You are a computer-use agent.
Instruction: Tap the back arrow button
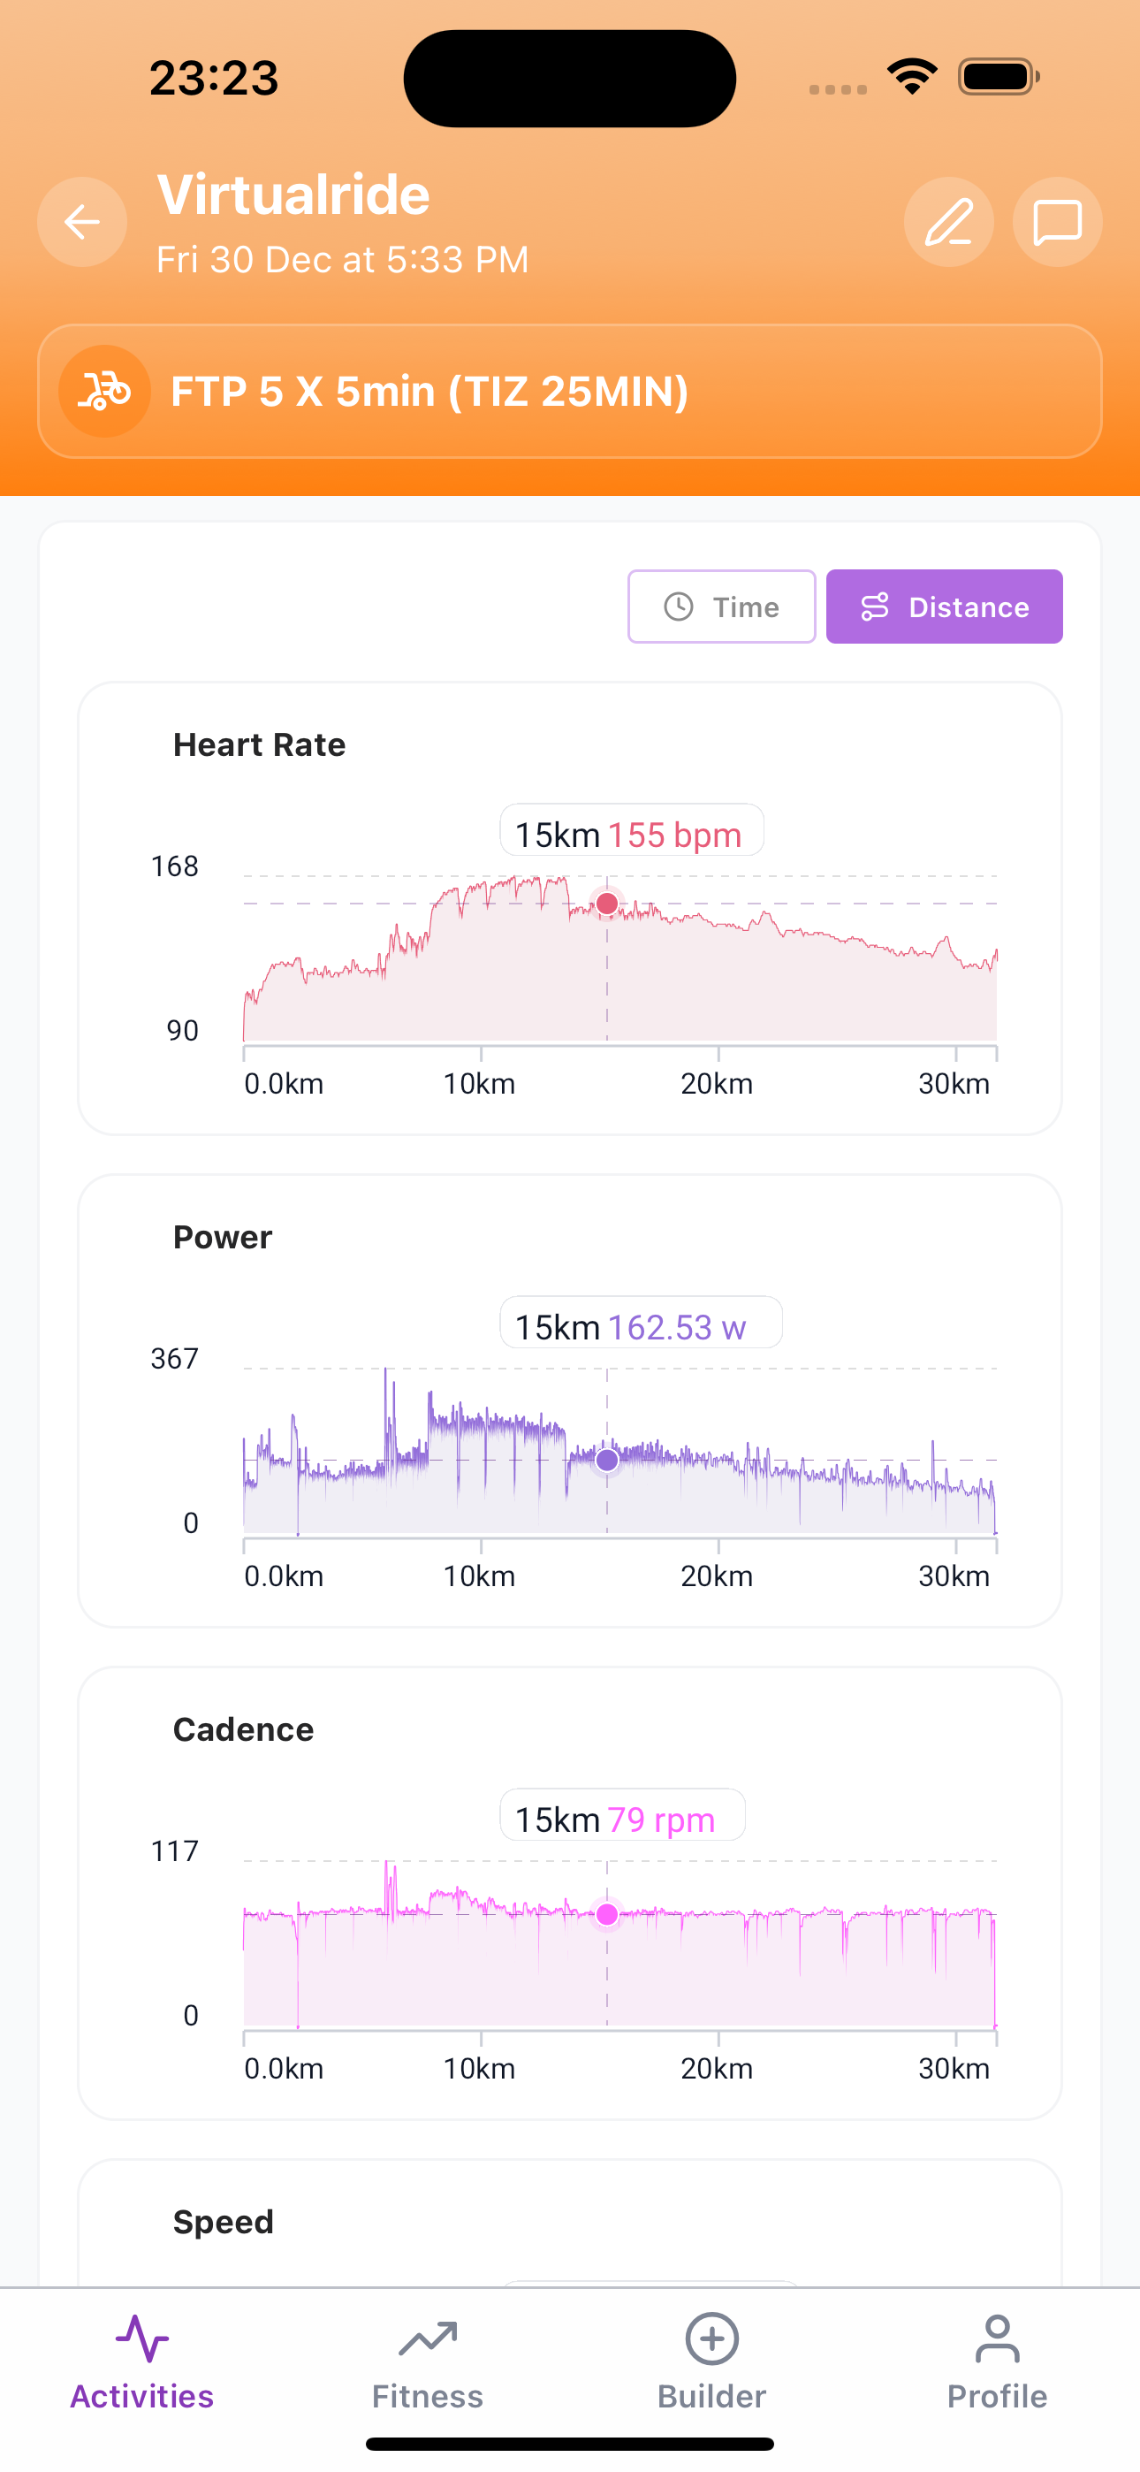[x=81, y=222]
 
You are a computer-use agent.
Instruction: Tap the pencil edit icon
[x=948, y=222]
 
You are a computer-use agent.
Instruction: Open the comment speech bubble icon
[x=1057, y=222]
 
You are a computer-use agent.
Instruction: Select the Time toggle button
[x=722, y=607]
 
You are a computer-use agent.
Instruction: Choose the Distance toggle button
[x=944, y=607]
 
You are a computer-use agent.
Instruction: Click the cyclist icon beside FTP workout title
[x=104, y=392]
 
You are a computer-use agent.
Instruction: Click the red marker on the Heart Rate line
[x=606, y=903]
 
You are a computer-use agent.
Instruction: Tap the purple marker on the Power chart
[x=606, y=1460]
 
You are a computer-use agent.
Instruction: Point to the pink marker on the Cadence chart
[x=606, y=1914]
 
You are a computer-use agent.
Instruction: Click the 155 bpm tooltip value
[x=674, y=835]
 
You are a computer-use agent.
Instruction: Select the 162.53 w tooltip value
[x=677, y=1327]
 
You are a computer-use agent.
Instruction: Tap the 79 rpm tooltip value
[x=661, y=1820]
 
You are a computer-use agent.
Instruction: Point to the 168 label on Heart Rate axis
[x=175, y=866]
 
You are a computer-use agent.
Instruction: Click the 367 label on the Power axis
[x=175, y=1359]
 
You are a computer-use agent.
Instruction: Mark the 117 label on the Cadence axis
[x=175, y=1851]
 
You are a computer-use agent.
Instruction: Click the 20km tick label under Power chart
[x=717, y=1576]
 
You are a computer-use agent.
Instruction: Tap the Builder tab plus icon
[x=712, y=2339]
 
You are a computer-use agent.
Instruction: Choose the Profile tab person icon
[x=997, y=2339]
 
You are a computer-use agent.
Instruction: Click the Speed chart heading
[x=224, y=2222]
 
